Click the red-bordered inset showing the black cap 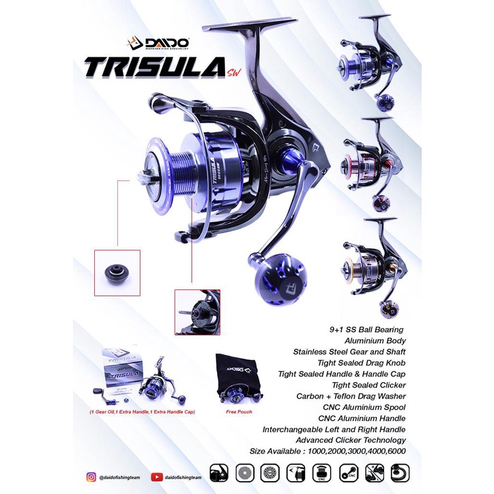(x=117, y=272)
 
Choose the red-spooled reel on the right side (x=368, y=162)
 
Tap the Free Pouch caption (x=237, y=412)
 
